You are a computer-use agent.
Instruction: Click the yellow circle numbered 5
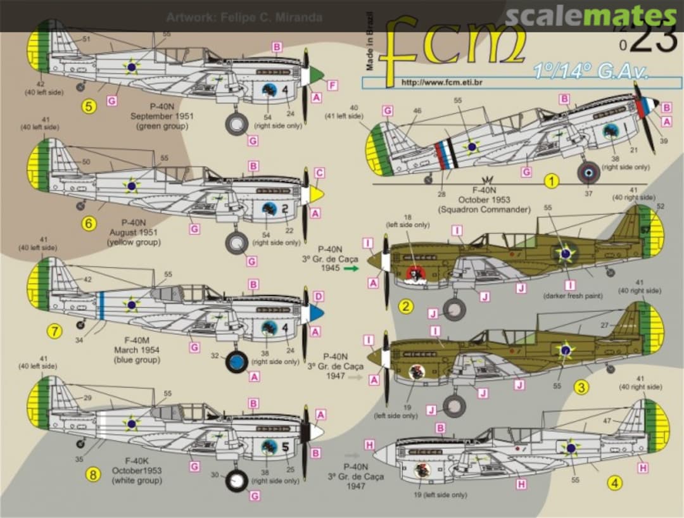coord(89,106)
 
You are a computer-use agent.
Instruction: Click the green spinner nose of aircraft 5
coord(319,77)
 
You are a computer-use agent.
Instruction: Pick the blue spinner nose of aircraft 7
coord(318,313)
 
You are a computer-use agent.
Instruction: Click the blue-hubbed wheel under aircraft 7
coord(237,362)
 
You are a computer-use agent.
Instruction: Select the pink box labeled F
coord(333,85)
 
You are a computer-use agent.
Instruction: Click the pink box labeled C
coord(319,172)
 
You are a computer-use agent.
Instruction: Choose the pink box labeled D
coord(319,296)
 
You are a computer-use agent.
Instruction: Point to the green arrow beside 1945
coord(351,268)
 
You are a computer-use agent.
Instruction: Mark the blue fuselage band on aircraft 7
coord(101,305)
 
